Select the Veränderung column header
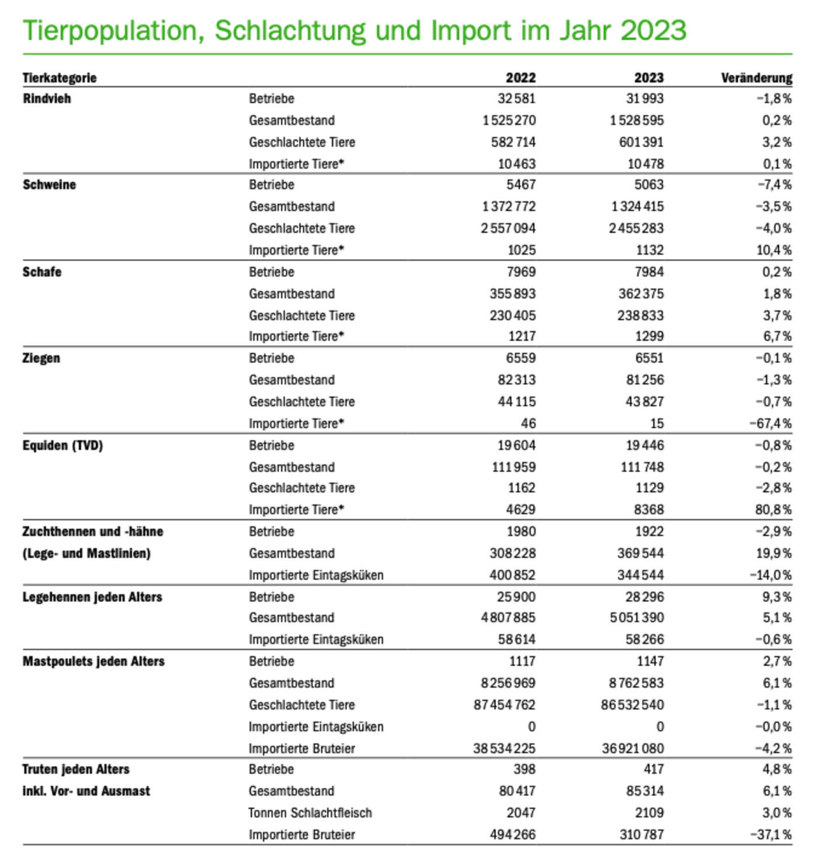756,78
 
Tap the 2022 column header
521,78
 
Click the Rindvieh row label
47,98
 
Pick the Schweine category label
49,185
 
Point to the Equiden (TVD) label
63,445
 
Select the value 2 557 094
508,228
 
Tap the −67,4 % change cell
770,423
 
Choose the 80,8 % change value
773,510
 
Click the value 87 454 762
504,705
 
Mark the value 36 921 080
633,748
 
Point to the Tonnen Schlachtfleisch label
310,813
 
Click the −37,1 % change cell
770,835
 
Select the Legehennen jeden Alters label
92,597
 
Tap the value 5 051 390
636,618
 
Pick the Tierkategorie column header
60,78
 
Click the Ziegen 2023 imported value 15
657,423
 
